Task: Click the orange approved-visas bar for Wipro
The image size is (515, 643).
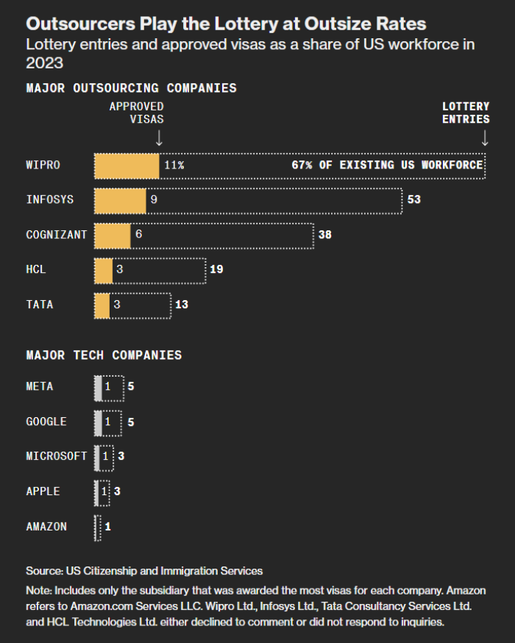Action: click(127, 165)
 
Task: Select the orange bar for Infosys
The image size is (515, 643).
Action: click(120, 199)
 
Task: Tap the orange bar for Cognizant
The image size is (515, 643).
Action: click(113, 235)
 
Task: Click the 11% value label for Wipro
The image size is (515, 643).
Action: click(174, 165)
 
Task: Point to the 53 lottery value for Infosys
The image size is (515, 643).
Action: click(413, 199)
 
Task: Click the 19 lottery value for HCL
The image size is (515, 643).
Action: click(216, 269)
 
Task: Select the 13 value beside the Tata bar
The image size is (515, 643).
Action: click(182, 304)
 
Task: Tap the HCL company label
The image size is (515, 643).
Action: click(36, 269)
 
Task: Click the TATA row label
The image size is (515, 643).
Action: click(40, 304)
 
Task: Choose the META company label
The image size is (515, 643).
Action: click(40, 386)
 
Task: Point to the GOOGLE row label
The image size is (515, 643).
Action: click(46, 422)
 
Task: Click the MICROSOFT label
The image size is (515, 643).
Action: click(57, 456)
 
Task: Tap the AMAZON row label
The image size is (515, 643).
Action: click(46, 526)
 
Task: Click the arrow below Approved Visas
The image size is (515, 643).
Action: click(159, 138)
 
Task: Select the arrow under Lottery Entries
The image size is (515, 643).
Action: click(484, 138)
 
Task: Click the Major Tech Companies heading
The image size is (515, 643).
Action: click(104, 355)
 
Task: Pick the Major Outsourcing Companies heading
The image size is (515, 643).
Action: click(131, 88)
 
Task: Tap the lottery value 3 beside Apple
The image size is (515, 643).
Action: click(117, 491)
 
